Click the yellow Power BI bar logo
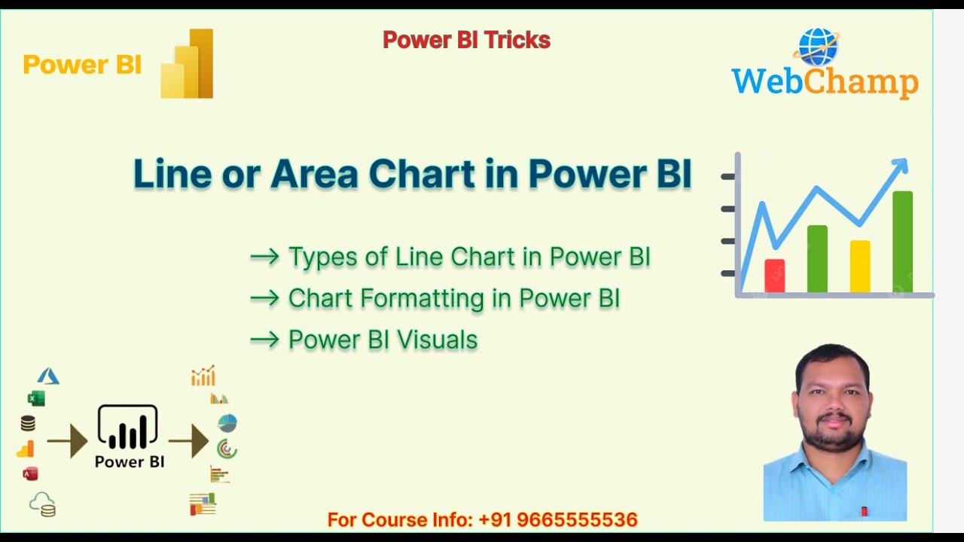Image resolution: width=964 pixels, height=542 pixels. (x=188, y=65)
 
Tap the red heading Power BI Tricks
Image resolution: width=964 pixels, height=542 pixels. (x=466, y=40)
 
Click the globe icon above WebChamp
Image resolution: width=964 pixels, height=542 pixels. (x=817, y=47)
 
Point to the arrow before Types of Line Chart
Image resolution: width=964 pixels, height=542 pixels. (x=264, y=257)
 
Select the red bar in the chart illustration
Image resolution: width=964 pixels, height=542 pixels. (x=774, y=276)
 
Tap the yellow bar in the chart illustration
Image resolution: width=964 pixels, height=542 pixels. (x=859, y=266)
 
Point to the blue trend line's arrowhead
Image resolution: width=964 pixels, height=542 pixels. (x=900, y=166)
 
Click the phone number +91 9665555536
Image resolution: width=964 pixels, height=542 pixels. (x=558, y=519)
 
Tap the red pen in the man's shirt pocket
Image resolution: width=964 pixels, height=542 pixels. (x=864, y=512)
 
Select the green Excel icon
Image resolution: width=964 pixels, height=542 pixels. (x=35, y=398)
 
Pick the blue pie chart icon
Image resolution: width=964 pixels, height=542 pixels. (x=227, y=423)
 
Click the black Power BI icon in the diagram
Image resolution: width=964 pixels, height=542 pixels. (x=128, y=428)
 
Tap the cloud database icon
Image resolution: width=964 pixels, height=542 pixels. (x=42, y=504)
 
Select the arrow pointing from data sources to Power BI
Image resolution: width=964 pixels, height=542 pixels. (x=68, y=441)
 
